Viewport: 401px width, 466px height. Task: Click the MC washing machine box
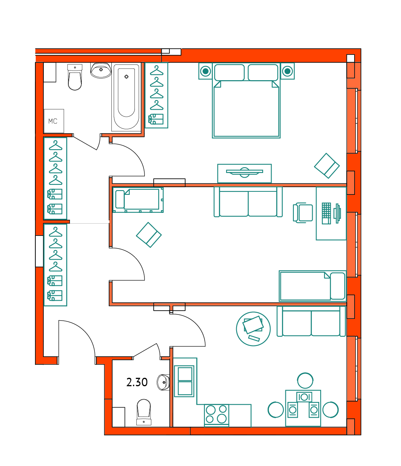(54, 121)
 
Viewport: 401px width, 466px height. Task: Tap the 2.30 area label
(137, 382)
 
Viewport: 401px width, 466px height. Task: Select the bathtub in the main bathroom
(126, 97)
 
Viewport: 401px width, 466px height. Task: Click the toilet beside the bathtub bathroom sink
(75, 77)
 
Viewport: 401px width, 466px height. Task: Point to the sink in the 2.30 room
(163, 382)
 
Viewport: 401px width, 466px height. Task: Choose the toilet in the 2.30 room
(144, 412)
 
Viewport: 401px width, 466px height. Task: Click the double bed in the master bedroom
(246, 100)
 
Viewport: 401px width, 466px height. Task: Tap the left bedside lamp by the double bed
(205, 71)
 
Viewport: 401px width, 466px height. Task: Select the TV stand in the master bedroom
(244, 173)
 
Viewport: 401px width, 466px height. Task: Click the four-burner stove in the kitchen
(216, 415)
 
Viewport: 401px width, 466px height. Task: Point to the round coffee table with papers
(253, 329)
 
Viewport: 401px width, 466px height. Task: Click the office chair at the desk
(303, 213)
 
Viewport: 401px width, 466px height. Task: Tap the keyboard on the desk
(326, 213)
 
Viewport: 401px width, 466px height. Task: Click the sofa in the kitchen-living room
(311, 321)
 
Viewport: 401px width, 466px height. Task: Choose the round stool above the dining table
(305, 380)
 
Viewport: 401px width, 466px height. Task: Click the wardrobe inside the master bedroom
(156, 95)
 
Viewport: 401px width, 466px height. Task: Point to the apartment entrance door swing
(77, 338)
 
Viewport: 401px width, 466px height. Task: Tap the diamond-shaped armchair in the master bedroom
(327, 166)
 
